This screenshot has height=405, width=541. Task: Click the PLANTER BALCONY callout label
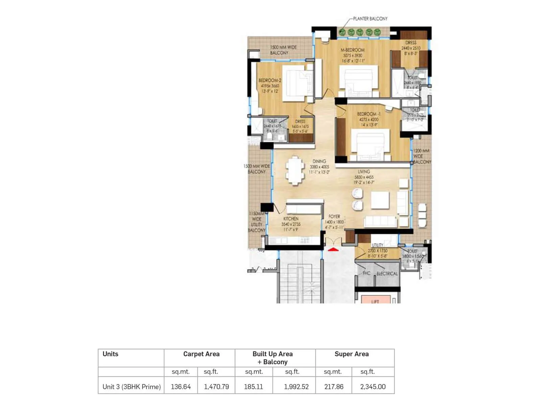tap(370, 19)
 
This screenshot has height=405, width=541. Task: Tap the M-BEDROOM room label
tap(352, 50)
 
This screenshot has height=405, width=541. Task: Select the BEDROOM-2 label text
tap(270, 80)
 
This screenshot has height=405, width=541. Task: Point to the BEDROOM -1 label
tap(369, 114)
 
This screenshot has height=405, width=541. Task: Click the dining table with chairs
tap(295, 170)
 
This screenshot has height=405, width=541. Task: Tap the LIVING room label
tap(364, 172)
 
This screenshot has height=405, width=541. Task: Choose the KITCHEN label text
tap(291, 219)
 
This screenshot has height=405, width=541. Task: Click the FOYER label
tap(334, 216)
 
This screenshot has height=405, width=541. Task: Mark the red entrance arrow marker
tap(333, 250)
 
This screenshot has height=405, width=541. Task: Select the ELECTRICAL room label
tap(387, 274)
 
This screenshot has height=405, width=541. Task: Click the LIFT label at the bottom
tap(375, 301)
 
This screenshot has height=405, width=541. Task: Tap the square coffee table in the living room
tap(380, 200)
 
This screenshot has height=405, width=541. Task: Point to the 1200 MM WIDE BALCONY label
tap(422, 156)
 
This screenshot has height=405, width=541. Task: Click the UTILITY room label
tap(377, 245)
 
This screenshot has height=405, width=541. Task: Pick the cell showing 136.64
tap(181, 387)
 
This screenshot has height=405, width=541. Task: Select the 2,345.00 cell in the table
tap(373, 387)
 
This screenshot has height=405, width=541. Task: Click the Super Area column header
tap(351, 354)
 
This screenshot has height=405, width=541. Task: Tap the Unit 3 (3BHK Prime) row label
tap(132, 387)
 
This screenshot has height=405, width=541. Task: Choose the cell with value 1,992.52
tap(296, 387)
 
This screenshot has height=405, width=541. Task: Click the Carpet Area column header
tap(201, 354)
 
